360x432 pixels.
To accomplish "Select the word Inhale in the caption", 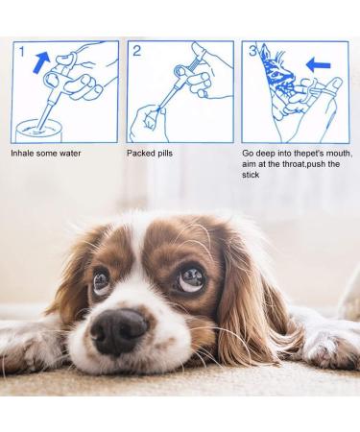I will (x=24, y=152).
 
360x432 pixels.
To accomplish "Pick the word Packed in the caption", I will (x=141, y=152).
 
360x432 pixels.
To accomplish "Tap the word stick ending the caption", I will (x=252, y=175).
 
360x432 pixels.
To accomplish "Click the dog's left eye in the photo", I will (x=101, y=282).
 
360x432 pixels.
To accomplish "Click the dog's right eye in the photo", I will (x=190, y=278).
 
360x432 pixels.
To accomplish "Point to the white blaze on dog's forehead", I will (x=144, y=245).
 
